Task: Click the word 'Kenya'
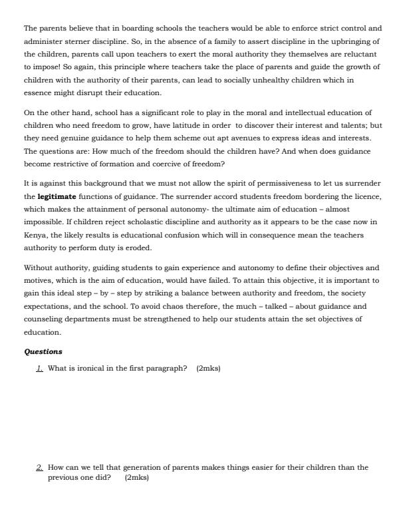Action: (35, 234)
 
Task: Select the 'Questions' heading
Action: (43, 351)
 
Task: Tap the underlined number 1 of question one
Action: (39, 368)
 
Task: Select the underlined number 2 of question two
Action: (39, 467)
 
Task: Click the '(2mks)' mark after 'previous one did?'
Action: (136, 478)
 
